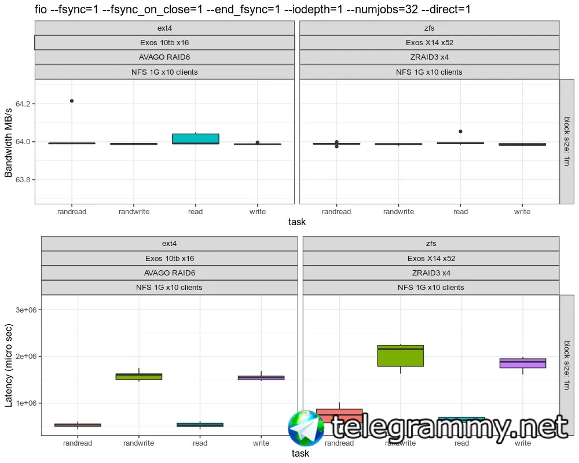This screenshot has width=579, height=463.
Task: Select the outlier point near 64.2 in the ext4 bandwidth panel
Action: (x=72, y=101)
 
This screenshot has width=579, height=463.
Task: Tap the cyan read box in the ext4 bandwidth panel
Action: (x=196, y=138)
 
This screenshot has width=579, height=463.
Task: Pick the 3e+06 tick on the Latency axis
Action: (x=26, y=310)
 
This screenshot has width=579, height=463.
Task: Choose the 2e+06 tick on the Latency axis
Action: (x=26, y=357)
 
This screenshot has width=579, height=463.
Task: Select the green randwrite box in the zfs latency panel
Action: (x=400, y=355)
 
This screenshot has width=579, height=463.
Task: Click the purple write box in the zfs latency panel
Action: (x=522, y=363)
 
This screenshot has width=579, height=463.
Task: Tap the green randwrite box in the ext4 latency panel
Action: (x=139, y=376)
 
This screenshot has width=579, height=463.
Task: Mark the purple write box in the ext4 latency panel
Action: (x=261, y=377)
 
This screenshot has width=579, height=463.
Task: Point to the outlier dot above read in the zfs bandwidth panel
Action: (x=460, y=131)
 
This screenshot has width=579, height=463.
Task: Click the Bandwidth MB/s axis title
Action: (x=9, y=141)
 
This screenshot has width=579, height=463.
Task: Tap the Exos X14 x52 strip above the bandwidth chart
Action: (x=429, y=42)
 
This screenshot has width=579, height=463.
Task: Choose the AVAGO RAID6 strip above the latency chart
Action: (x=169, y=273)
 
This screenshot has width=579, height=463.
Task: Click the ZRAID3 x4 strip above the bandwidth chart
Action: (x=429, y=57)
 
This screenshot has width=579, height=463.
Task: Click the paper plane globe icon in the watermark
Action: (x=306, y=429)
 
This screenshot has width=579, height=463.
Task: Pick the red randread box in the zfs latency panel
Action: (x=339, y=415)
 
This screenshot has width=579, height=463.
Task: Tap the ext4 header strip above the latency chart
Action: (x=169, y=243)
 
